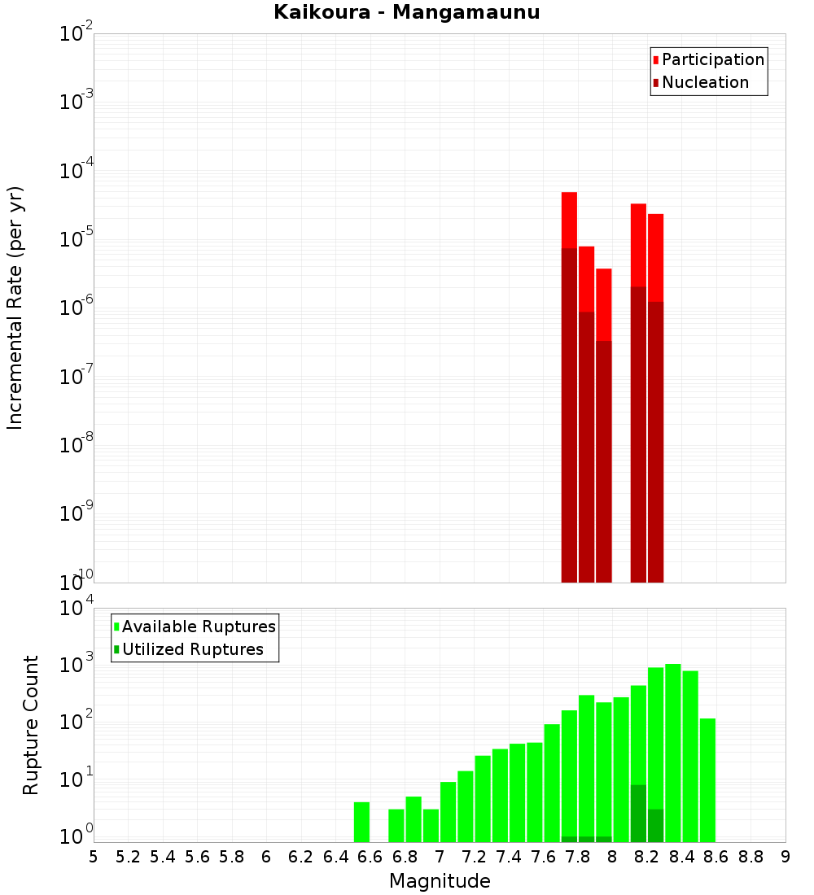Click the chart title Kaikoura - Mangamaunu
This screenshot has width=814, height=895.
[x=406, y=13]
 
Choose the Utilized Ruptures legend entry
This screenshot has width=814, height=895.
[x=192, y=649]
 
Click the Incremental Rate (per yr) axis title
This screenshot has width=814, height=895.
[x=15, y=308]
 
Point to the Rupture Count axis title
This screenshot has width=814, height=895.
[x=31, y=725]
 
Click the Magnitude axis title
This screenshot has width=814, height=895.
[x=440, y=881]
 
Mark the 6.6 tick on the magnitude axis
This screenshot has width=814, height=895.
[x=370, y=857]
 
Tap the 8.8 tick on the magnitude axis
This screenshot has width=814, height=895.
[x=751, y=857]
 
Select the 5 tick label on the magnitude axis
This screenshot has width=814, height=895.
[x=94, y=857]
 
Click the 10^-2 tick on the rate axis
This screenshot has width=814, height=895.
[x=77, y=35]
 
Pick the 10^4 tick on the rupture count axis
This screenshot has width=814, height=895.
[x=77, y=609]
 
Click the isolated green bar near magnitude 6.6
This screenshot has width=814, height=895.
[x=361, y=822]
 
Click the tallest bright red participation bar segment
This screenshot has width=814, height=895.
[x=569, y=220]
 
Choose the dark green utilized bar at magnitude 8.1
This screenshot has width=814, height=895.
[x=638, y=813]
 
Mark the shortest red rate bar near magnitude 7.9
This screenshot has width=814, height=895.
[x=603, y=304]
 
